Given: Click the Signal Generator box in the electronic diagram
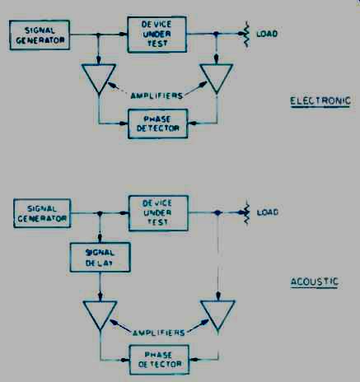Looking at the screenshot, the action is pos(40,35).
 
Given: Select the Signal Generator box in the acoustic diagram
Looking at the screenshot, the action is pos(42,213).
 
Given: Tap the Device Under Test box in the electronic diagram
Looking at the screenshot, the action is pos(157,35).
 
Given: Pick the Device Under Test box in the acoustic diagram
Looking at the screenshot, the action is pos(158,213).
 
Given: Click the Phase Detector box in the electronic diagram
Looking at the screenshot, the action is pos(158,123).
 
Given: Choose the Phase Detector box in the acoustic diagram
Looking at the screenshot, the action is pos(159,360).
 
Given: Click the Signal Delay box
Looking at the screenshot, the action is pos(100,257).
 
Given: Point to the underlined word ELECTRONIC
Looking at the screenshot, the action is pos(320,101).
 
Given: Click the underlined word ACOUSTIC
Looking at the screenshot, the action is pos(315,282).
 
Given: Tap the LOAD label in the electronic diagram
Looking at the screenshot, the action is pos(267,34).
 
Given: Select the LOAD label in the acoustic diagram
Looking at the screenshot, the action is pos(268,212).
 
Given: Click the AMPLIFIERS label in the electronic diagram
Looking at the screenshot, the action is pos(157,95).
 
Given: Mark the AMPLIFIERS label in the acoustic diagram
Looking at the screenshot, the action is pos(159,333).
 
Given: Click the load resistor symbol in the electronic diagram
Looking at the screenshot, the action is pos(246,34).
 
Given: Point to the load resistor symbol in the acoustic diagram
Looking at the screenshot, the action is pos(246,212).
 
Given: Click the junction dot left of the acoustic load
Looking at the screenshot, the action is pos(217,212).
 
